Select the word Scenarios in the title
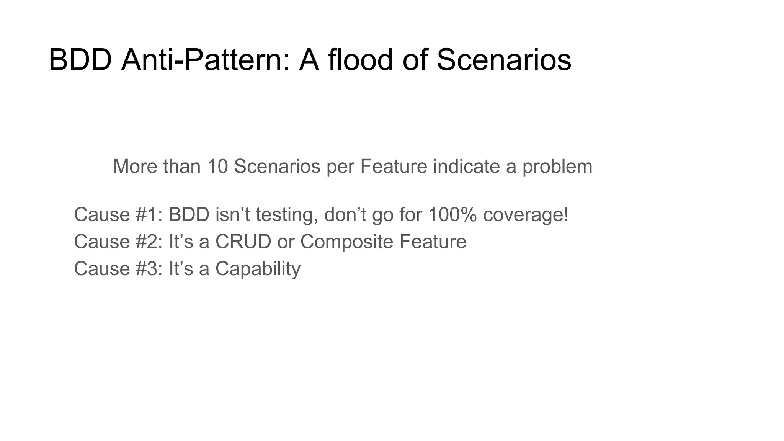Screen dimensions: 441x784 pos(503,60)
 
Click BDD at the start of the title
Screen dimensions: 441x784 pos(80,60)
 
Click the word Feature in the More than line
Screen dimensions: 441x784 pos(393,167)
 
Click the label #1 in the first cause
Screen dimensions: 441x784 pos(146,214)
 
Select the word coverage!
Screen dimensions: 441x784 pos(526,215)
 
